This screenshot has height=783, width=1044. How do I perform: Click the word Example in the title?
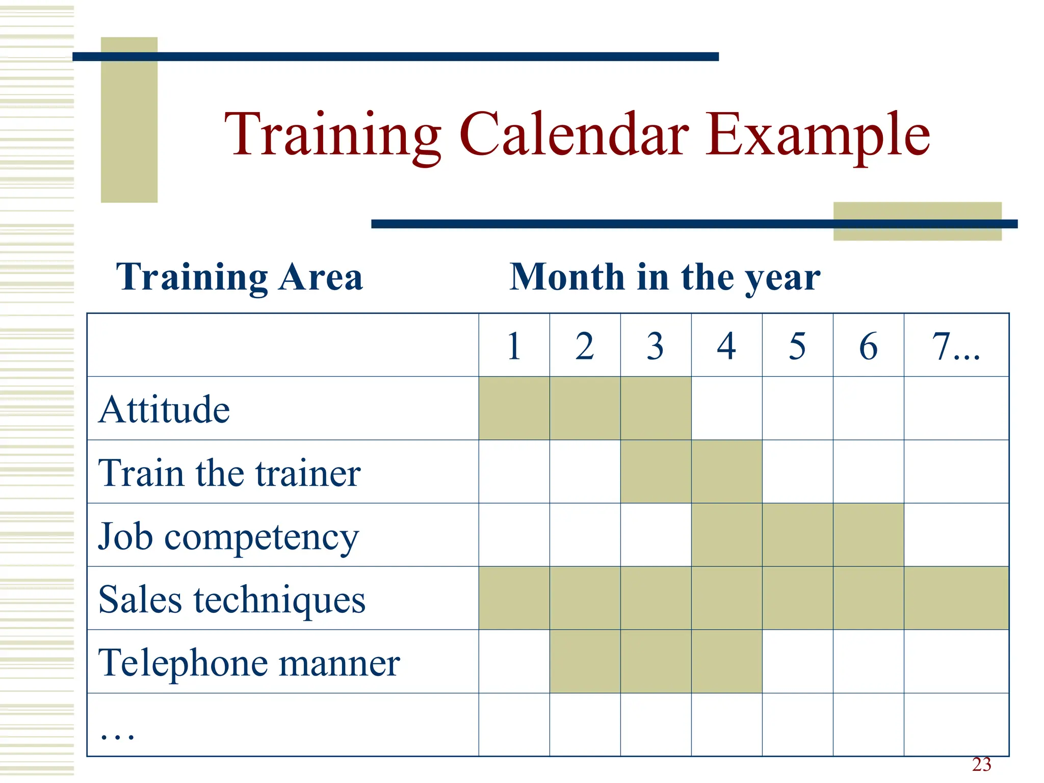pos(818,135)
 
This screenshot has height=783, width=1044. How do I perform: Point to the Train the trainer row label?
pos(229,473)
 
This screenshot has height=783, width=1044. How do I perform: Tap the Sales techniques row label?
pos(232,599)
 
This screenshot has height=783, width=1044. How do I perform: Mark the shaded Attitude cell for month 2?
pos(585,408)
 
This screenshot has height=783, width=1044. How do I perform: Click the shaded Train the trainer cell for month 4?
pos(726,472)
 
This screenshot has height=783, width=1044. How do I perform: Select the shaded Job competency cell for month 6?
pos(868,535)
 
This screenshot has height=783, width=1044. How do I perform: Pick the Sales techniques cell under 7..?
pos(956,598)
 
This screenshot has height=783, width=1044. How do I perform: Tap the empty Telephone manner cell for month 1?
pos(514,661)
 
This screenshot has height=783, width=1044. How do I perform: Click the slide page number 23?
pos(981,765)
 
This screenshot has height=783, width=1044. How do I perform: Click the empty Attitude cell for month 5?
pos(797,408)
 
